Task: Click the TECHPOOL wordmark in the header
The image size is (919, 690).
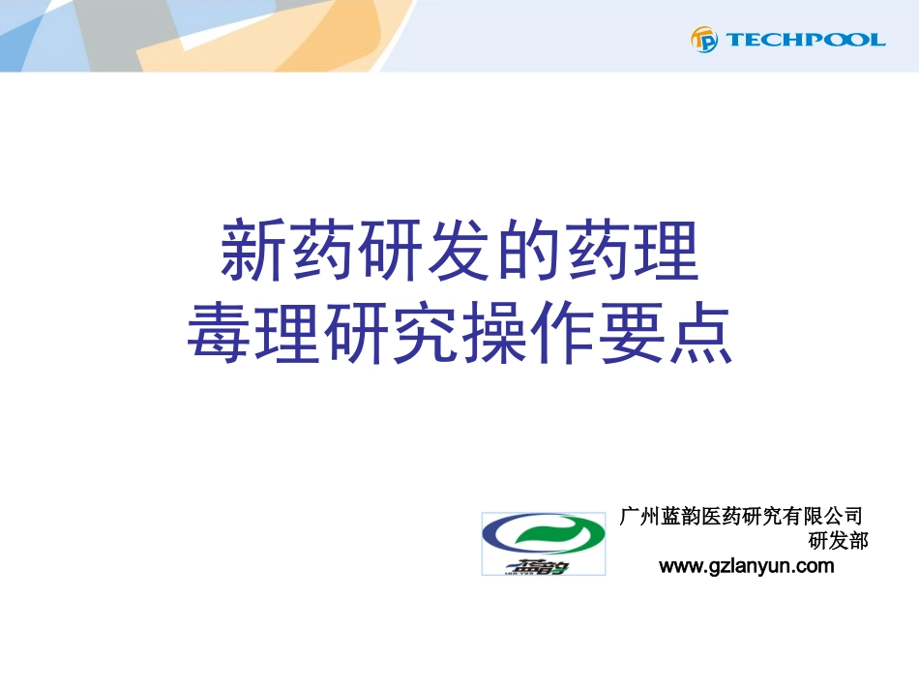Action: (805, 40)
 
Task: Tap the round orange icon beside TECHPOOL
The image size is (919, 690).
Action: (703, 40)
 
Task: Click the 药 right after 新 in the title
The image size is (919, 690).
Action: (322, 251)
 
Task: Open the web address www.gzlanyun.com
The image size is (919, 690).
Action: (746, 566)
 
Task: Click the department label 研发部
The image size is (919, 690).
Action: (838, 541)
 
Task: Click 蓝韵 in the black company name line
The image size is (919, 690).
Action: (680, 516)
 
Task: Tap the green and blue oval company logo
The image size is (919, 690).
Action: (544, 543)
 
